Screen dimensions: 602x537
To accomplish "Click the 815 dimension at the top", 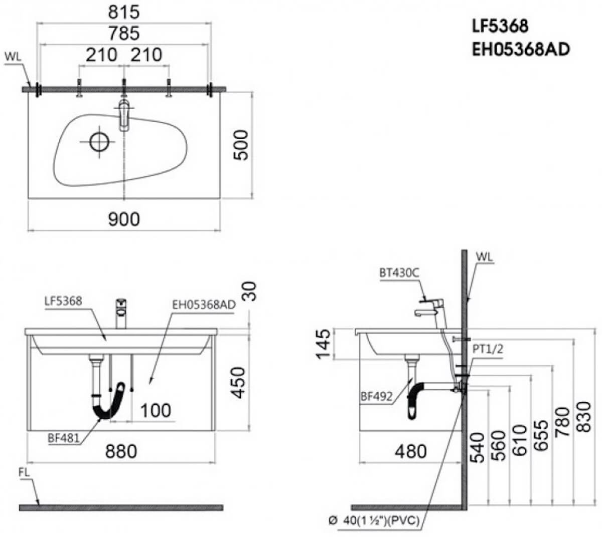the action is (123, 13).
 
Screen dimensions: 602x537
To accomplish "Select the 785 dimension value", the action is (123, 33).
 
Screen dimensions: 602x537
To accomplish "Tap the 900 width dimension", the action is (123, 219).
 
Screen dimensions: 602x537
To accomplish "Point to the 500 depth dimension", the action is (241, 145).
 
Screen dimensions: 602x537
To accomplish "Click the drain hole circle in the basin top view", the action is (99, 142).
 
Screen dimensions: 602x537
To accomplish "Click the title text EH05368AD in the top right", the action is (521, 49).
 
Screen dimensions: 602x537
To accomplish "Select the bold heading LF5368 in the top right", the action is (500, 26).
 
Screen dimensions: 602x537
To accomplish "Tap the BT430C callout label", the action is (399, 273).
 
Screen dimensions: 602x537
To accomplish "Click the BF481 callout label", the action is (64, 438).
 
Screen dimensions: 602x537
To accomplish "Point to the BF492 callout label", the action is (376, 396).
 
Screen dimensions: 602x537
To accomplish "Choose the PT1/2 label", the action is (488, 349).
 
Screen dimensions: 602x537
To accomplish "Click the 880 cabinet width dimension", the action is (121, 451).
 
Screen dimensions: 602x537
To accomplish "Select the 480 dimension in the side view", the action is (411, 451).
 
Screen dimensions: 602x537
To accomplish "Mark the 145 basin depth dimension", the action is (323, 344).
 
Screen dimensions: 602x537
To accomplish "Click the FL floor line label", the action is (25, 472).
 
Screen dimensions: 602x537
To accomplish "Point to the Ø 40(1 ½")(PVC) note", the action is (374, 520).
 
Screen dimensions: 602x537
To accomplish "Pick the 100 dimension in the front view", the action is (156, 411).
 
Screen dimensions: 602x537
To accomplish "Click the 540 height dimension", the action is (477, 448).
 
